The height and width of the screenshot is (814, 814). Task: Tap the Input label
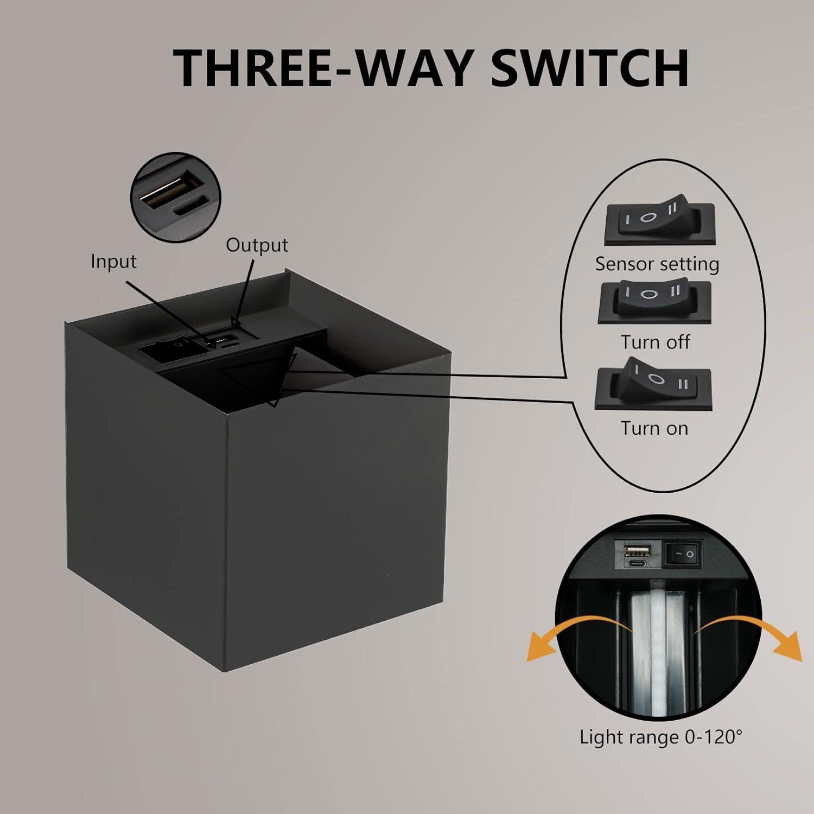113,261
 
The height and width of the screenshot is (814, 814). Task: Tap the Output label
257,245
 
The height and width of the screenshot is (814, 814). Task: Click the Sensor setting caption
657,264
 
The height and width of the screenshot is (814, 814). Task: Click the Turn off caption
655,342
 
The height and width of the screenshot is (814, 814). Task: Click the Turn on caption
654,428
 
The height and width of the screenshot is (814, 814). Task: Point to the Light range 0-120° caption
660,737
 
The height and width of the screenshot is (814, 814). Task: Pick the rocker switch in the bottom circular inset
683,554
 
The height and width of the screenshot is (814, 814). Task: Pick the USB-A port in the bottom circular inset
638,551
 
